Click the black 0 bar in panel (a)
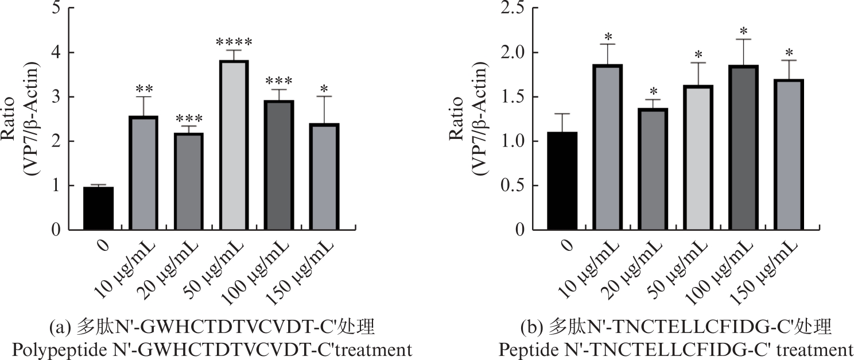(98, 208)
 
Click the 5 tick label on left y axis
(55, 8)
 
